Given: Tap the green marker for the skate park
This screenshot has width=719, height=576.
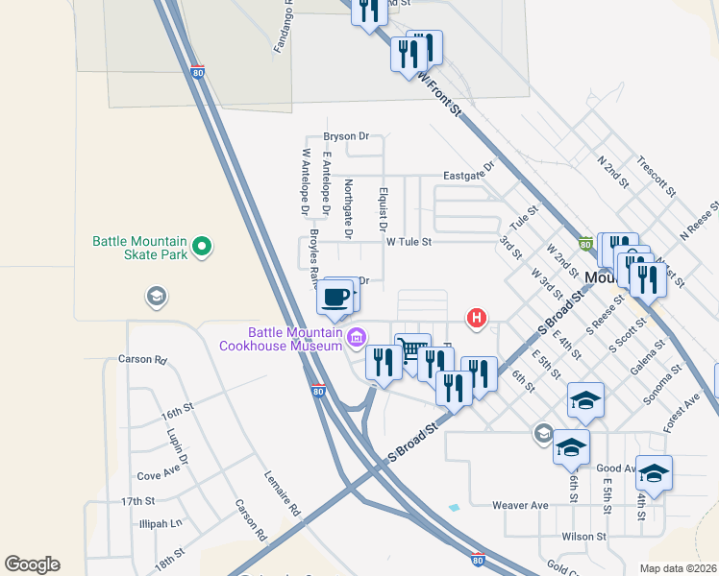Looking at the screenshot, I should [201, 248].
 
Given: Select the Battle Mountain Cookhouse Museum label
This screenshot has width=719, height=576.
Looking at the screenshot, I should [281, 338].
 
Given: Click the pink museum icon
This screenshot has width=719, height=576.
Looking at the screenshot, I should [357, 337].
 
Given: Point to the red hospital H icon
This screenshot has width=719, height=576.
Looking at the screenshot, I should [476, 318].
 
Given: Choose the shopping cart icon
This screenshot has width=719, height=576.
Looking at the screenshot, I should [412, 349].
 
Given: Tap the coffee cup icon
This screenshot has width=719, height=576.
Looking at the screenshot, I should [335, 297].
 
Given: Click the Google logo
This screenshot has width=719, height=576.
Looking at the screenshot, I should [32, 564].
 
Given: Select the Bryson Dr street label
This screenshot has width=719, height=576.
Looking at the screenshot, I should [346, 136].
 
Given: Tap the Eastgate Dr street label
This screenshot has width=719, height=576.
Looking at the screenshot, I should [468, 172].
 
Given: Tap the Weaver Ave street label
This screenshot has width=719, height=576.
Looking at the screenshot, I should [519, 505].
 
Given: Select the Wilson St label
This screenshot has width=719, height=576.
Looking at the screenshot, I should [584, 537].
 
